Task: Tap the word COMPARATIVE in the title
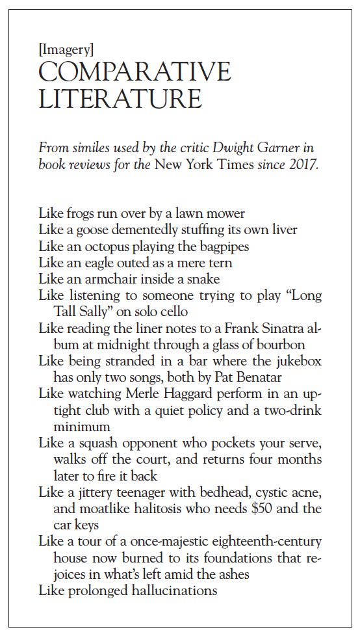pos(135,73)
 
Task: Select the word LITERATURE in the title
pos(120,99)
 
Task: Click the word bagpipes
pos(224,246)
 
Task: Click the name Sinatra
pos(278,328)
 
